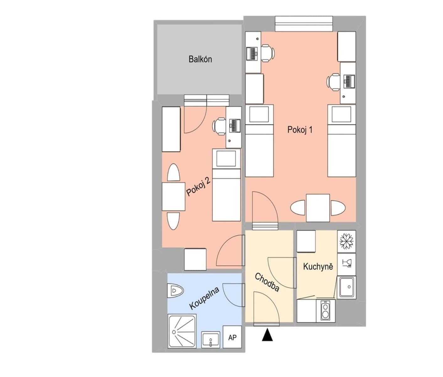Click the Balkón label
[200, 59]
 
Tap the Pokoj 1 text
[300, 130]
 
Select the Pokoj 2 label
[198, 186]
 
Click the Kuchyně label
[318, 266]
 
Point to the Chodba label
[267, 282]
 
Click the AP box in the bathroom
[232, 337]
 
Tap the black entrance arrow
[267, 335]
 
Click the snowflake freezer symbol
[347, 241]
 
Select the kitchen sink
[347, 287]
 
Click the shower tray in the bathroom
[182, 331]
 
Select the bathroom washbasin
[210, 340]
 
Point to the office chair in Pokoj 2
[219, 126]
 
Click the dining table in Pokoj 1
[318, 208]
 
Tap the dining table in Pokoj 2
[173, 197]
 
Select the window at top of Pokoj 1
[303, 24]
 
